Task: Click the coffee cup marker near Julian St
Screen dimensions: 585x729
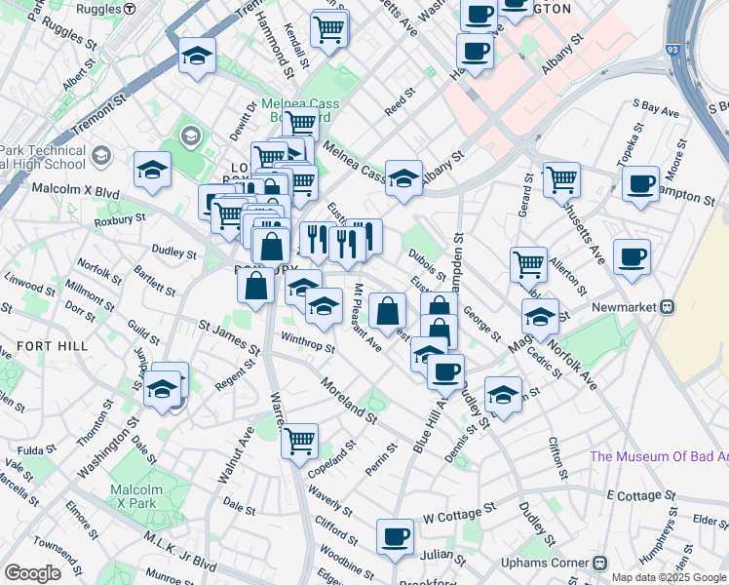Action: click(x=395, y=535)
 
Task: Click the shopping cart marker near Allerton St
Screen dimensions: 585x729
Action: click(x=528, y=263)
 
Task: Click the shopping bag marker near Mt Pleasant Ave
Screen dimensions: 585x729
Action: click(x=387, y=311)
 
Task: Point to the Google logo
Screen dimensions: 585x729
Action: click(x=32, y=573)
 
